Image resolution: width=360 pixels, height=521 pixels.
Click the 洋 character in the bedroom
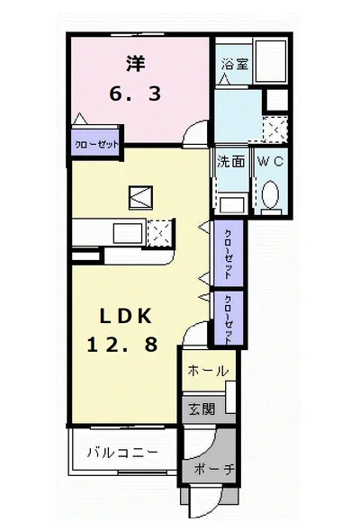coord(135,64)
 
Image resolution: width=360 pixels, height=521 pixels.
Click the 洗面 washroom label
coord(230,163)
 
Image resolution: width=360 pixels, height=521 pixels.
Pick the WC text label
coord(272,163)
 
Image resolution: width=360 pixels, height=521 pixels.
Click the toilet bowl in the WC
coord(271,196)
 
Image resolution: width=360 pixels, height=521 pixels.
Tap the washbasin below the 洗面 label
coord(231,202)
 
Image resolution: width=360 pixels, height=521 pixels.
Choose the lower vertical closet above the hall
coord(229,319)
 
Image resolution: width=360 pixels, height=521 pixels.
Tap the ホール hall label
coord(208,371)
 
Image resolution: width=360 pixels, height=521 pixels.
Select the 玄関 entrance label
coord(202,409)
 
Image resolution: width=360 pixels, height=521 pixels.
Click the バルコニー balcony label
coord(122,452)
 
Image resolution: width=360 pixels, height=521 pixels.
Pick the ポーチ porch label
coord(213,469)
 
